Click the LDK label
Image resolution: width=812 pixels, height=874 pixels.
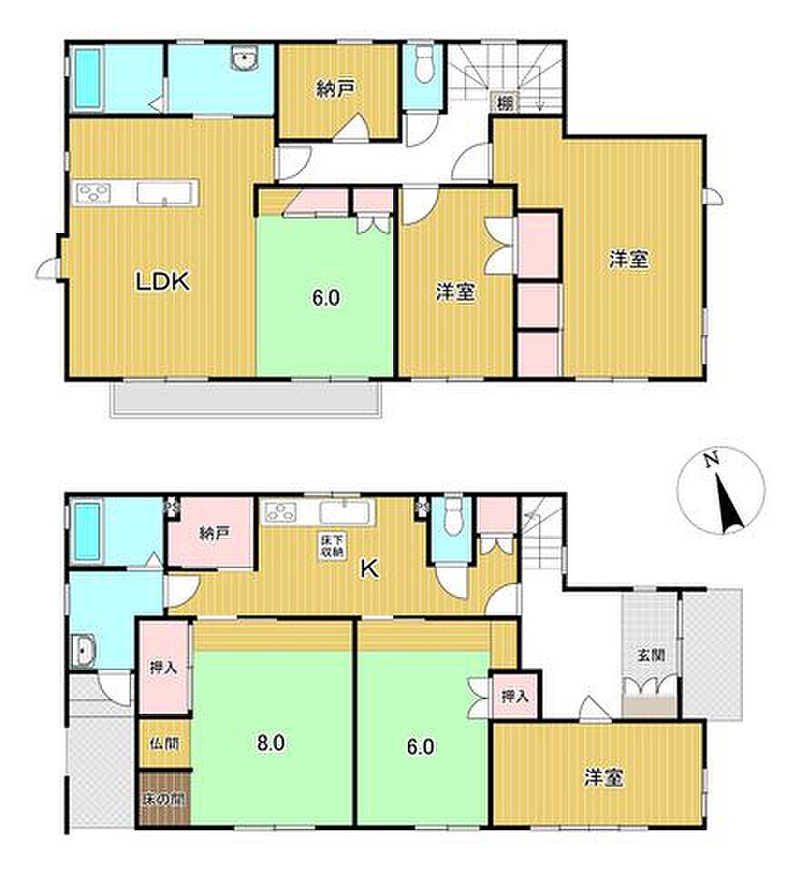163,281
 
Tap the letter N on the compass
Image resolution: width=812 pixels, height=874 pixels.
710,460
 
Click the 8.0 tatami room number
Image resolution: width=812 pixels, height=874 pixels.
271,743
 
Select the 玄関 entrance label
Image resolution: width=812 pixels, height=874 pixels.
651,655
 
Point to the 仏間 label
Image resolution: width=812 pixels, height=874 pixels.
165,744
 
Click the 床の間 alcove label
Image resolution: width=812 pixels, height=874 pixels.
164,800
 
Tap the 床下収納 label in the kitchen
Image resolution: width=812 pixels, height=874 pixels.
332,545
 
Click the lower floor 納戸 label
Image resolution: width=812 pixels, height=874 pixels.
215,534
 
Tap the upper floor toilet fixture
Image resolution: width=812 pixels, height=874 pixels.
425,63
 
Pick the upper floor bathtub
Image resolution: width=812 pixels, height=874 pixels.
87,78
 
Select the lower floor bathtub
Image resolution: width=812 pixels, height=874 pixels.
87,532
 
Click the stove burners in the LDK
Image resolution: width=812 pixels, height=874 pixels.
94,193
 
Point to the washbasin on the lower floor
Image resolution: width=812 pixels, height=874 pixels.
84,650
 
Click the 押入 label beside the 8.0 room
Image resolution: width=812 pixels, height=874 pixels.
163,667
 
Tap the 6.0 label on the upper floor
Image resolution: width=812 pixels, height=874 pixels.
326,299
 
